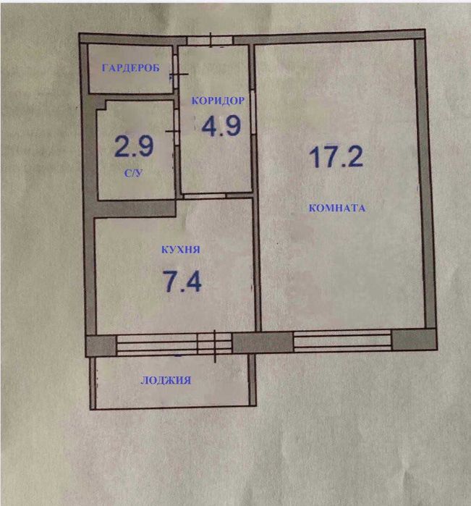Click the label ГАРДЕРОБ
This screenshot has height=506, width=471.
131,68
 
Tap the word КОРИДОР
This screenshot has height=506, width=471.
218,101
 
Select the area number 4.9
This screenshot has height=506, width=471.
221,125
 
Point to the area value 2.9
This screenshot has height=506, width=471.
134,146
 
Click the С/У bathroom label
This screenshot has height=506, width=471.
133,173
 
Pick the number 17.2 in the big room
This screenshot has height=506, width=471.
336,156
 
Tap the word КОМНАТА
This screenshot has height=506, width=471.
337,208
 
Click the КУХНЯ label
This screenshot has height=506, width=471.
181,249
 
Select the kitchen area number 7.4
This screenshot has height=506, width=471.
182,281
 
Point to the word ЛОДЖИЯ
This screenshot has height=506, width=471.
166,380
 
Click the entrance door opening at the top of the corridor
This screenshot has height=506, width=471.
210,41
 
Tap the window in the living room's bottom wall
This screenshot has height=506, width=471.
343,340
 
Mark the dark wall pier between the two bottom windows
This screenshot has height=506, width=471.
263,342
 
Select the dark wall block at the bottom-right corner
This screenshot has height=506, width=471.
415,340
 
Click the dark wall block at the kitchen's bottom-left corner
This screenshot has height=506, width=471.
101,346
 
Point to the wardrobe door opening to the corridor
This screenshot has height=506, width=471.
175,72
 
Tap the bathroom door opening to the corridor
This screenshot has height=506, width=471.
177,127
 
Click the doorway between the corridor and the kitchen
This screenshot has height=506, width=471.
204,195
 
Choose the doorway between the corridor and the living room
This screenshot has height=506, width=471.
253,112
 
